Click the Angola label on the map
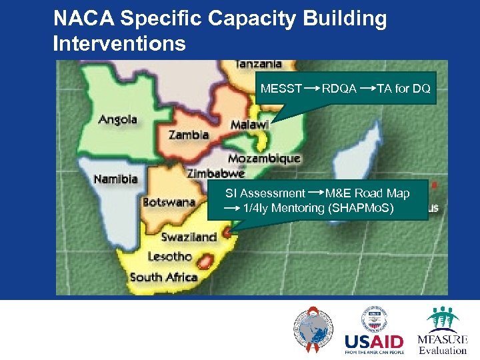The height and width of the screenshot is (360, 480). pyautogui.click(x=118, y=120)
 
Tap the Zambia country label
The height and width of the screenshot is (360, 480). pyautogui.click(x=189, y=135)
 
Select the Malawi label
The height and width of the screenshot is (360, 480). pyautogui.click(x=249, y=125)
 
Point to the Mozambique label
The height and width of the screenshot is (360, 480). pyautogui.click(x=264, y=159)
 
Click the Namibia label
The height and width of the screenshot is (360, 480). pyautogui.click(x=115, y=179)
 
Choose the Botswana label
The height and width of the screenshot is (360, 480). pyautogui.click(x=169, y=202)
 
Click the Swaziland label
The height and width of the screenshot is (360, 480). pyautogui.click(x=189, y=237)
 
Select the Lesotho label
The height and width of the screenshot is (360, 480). pyautogui.click(x=169, y=257)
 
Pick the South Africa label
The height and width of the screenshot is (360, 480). pyautogui.click(x=164, y=277)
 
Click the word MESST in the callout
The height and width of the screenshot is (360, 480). pyautogui.click(x=281, y=89)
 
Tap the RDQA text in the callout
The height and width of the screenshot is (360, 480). pyautogui.click(x=339, y=89)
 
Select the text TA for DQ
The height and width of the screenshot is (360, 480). pyautogui.click(x=404, y=89)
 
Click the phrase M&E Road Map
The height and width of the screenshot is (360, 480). pyautogui.click(x=367, y=193)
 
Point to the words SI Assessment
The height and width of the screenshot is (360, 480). pyautogui.click(x=265, y=193)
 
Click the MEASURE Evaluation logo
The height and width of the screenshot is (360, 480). pyautogui.click(x=443, y=331)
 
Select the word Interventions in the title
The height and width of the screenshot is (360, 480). pyautogui.click(x=119, y=44)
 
